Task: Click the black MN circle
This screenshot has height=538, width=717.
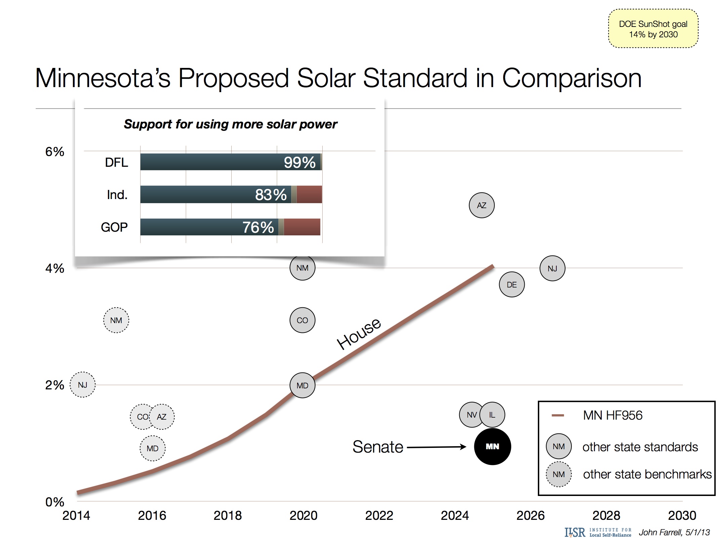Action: coord(492,446)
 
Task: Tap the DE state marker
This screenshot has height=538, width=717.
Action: coord(512,284)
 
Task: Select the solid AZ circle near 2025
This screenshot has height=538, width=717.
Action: coord(481,205)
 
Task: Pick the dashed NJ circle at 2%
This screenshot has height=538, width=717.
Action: coord(82,385)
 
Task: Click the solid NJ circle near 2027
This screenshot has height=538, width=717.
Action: coord(552,268)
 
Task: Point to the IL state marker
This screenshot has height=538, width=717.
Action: coord(492,415)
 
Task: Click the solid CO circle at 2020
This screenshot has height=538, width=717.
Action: coord(302,320)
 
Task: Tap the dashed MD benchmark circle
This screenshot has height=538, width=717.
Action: coord(152,448)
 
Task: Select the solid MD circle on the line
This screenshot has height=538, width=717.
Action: coord(302,385)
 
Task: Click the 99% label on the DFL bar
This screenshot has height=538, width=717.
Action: coord(300,162)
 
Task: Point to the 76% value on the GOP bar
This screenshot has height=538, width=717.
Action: coord(258,227)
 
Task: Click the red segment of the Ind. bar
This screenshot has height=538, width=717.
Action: coord(309,194)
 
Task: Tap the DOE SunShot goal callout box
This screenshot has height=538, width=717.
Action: coord(653,29)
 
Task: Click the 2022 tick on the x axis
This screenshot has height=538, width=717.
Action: coord(379,515)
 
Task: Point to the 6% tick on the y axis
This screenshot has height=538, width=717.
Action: coord(54,152)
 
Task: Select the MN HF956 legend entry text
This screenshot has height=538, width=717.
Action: coord(612,415)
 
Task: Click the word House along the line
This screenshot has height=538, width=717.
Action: coord(359,333)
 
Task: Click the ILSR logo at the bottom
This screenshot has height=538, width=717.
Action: coord(574,532)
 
